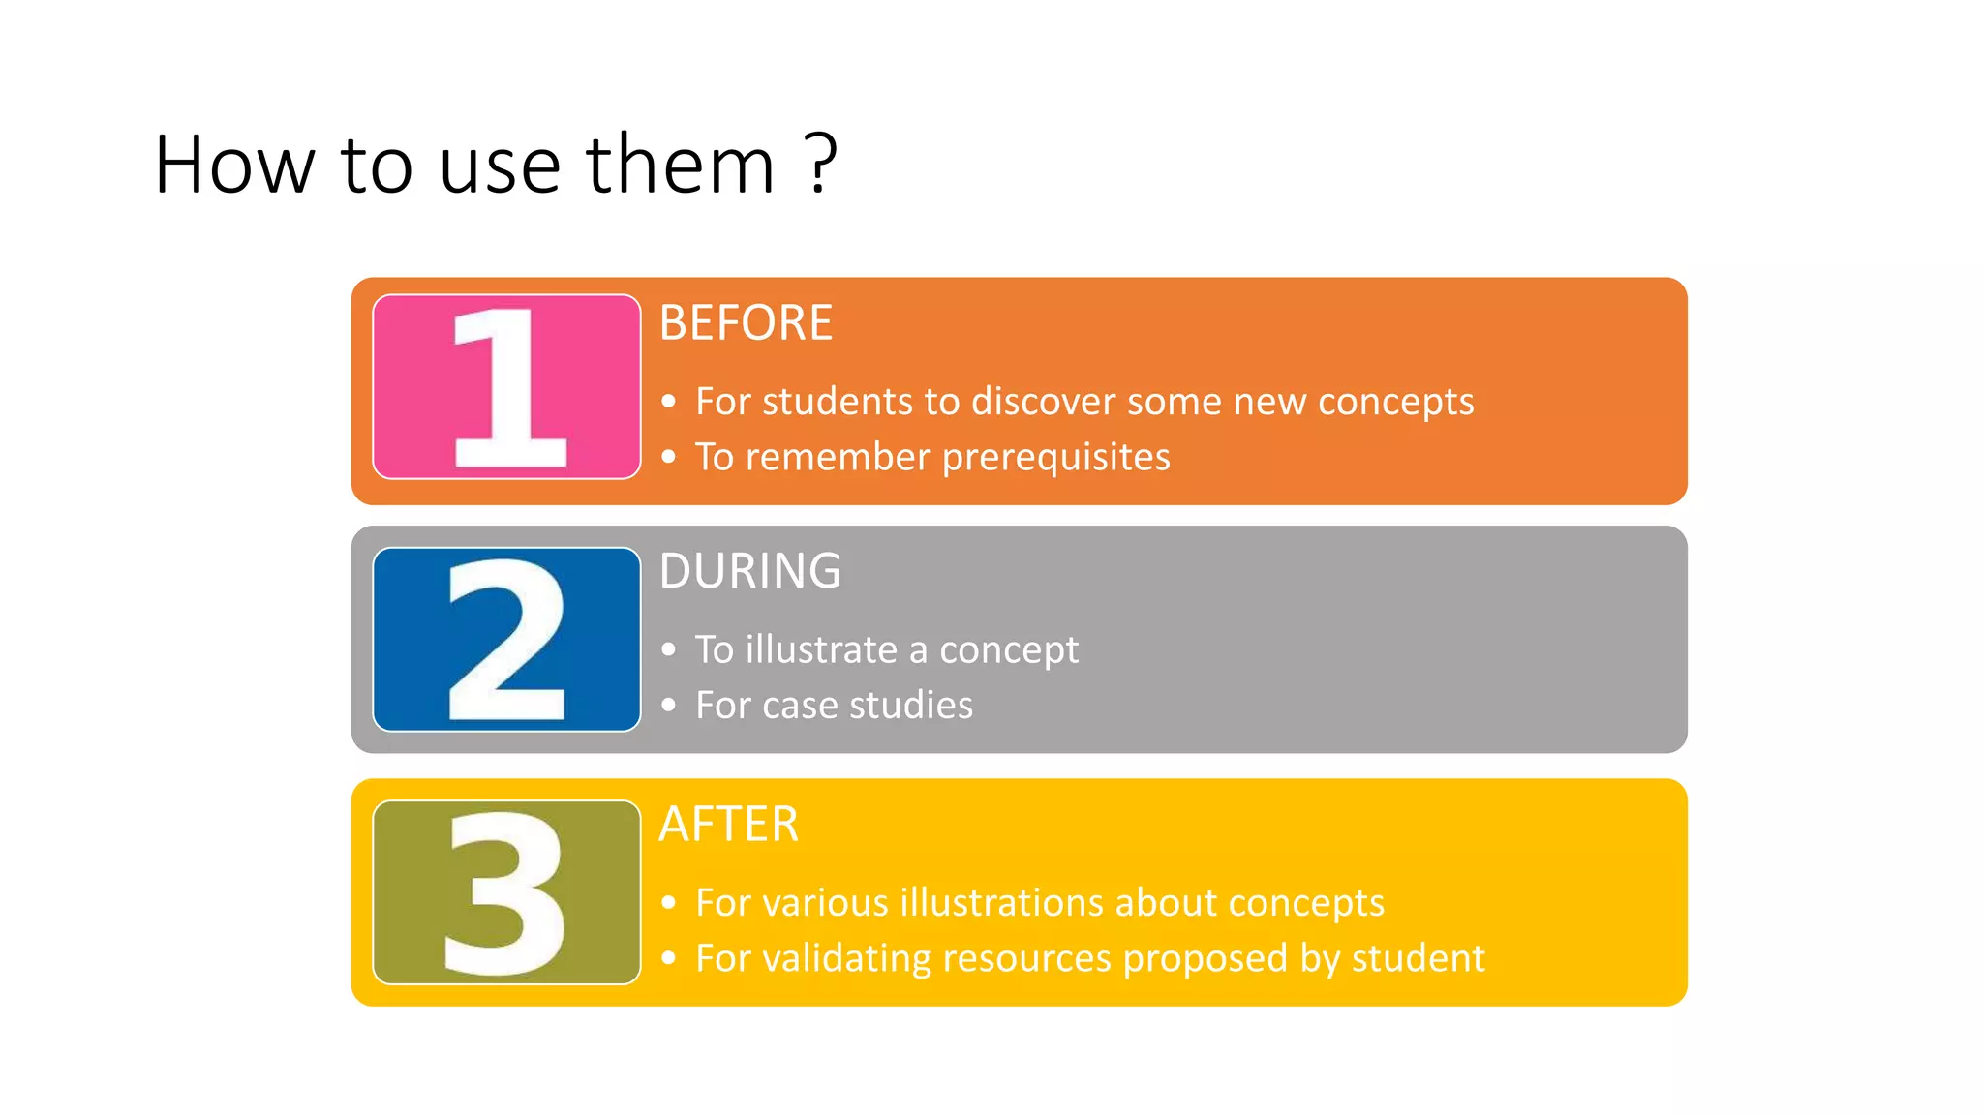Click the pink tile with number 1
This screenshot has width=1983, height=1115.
coord(506,386)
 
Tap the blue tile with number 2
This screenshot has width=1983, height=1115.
coord(506,639)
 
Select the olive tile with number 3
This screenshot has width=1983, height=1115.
coord(506,891)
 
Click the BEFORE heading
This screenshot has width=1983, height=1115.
coord(746,322)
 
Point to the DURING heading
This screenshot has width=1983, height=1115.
coord(750,571)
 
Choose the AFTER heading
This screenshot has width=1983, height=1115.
coord(729,825)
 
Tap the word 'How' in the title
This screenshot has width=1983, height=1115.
coord(235,165)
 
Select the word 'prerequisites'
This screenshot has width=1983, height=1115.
coord(1056,458)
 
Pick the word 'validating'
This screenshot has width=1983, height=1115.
coord(846,958)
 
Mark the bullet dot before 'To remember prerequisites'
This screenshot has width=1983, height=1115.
coord(668,457)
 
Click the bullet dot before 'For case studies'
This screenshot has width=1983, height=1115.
coord(668,706)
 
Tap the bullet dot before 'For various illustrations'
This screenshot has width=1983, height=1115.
coord(668,903)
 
